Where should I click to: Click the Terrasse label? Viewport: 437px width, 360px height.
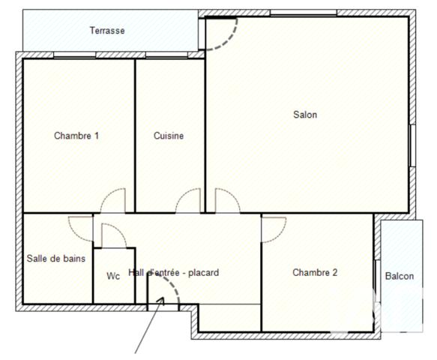point(107,31)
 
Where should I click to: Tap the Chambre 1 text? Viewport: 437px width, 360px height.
point(76,136)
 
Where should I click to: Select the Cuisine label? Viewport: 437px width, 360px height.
point(169,136)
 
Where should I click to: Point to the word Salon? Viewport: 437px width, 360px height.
point(305,115)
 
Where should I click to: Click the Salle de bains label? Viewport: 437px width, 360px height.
point(56,258)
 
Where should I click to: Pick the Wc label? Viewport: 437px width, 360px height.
point(113,276)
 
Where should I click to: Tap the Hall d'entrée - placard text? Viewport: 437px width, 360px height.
point(173,273)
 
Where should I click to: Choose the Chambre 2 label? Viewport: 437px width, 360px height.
point(315,273)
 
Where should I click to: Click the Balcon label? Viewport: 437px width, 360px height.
point(400,276)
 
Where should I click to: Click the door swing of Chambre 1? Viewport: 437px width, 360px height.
point(115,201)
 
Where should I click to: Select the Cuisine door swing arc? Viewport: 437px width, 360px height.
point(189,201)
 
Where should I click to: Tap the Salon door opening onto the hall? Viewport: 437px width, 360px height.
point(226,201)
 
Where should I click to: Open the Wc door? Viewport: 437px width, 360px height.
point(113,235)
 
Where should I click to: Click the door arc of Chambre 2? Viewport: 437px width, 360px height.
point(273,229)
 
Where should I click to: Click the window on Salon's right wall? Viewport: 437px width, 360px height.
point(412,145)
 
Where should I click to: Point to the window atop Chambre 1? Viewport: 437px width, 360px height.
point(75,55)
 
